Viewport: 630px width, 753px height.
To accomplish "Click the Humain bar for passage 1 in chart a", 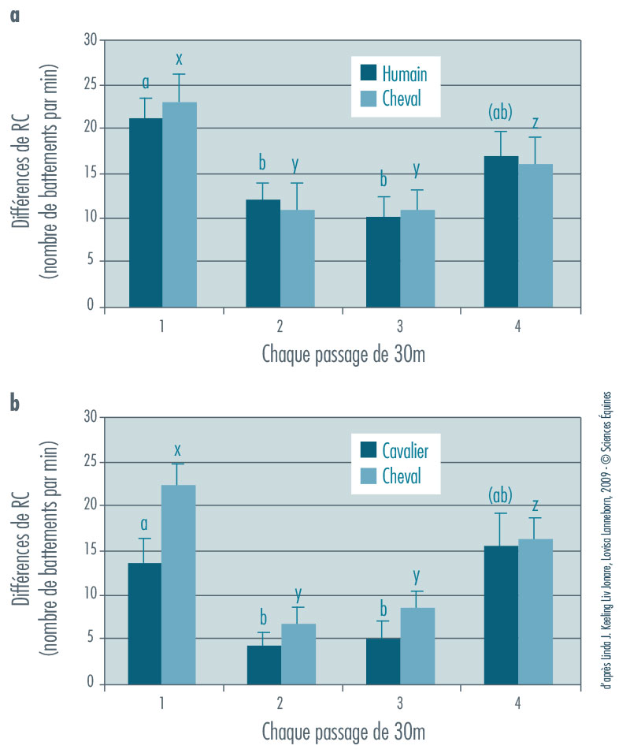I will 146,212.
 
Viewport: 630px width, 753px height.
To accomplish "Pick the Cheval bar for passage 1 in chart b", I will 179,583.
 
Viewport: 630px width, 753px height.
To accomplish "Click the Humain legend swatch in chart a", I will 368,73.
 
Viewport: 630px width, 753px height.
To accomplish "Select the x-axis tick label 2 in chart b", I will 281,702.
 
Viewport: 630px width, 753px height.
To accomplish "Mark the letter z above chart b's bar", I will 535,504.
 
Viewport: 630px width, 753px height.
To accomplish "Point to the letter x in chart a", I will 179,59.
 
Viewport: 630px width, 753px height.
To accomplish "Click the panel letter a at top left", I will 14,14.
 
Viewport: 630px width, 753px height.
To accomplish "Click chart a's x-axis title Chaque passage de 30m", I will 343,354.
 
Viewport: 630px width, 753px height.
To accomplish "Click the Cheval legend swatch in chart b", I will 368,475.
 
